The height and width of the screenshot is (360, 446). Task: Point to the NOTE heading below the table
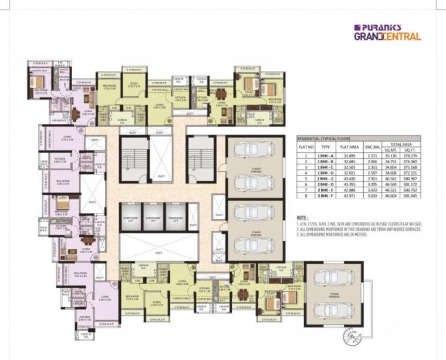pyautogui.click(x=303, y=218)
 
